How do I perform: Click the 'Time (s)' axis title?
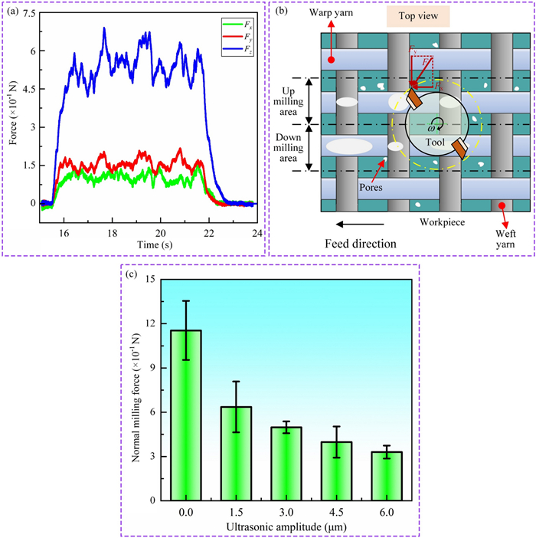[148, 244]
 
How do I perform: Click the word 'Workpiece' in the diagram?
[442, 221]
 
